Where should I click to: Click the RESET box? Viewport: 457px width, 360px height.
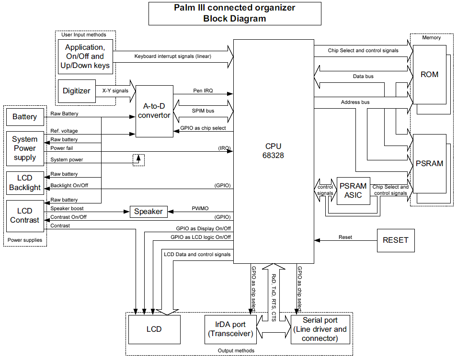(x=395, y=240)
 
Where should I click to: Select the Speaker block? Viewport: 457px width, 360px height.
(x=148, y=211)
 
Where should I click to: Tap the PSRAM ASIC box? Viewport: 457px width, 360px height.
(x=353, y=191)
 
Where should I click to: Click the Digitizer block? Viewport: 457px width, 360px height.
(x=76, y=90)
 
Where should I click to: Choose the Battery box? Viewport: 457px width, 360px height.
(x=24, y=117)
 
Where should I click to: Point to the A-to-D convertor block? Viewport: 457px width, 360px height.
(x=154, y=111)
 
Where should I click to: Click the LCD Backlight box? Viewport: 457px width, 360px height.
(x=24, y=183)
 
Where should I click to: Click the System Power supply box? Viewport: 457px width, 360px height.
(x=24, y=148)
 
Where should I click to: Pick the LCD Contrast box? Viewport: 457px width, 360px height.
(x=24, y=215)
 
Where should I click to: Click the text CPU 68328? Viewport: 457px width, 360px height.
(x=273, y=151)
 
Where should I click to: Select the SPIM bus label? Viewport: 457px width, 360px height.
(x=203, y=111)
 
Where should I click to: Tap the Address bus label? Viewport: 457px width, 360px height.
(x=355, y=102)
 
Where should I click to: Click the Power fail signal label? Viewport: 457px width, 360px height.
(x=62, y=148)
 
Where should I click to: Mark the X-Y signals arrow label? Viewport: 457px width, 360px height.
(x=115, y=90)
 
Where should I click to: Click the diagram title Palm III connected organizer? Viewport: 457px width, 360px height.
(x=234, y=8)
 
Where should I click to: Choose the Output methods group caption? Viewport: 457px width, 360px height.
(x=236, y=350)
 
